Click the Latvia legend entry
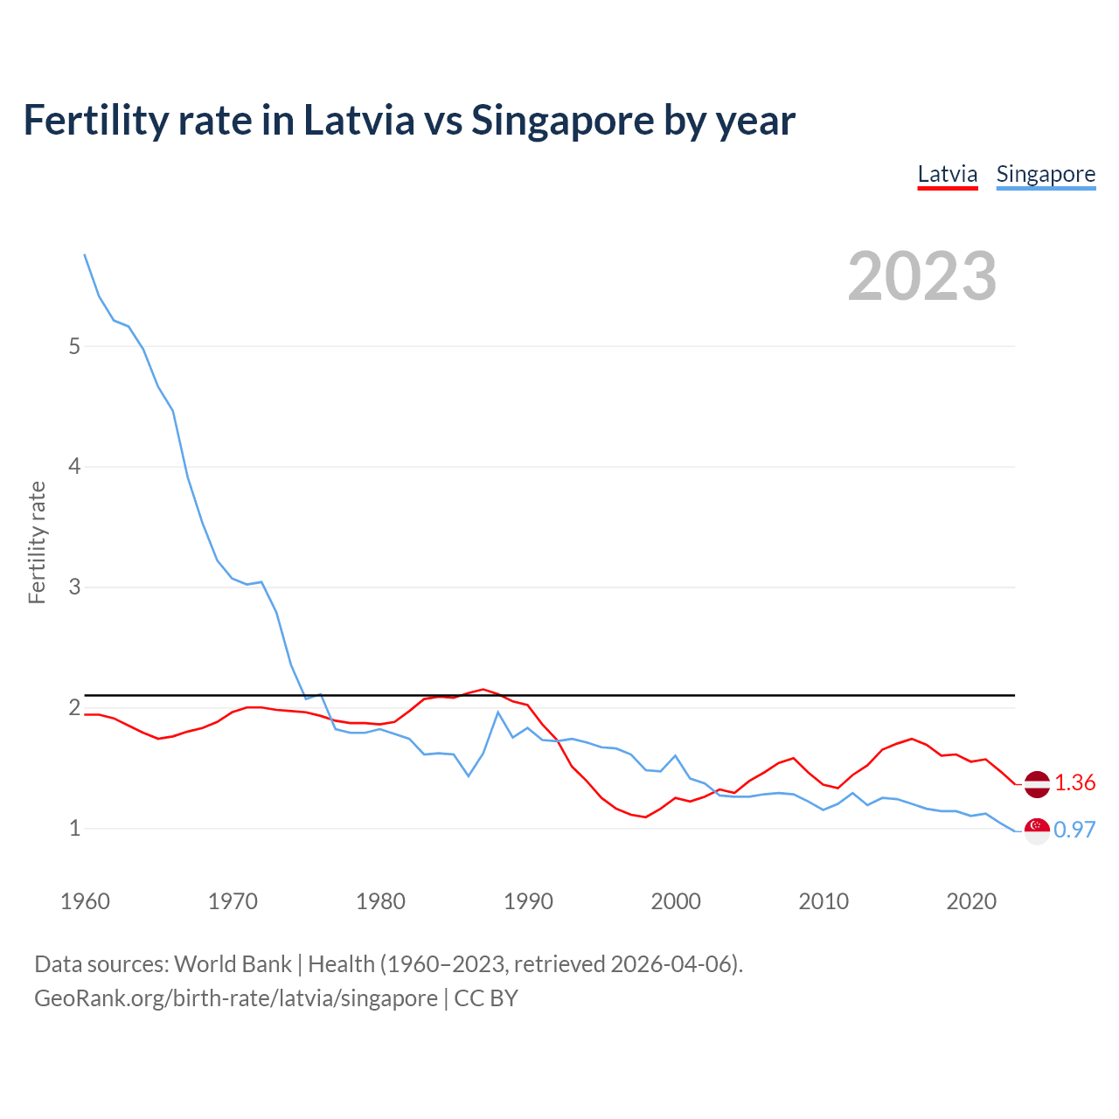tap(947, 174)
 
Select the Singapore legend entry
tap(1046, 174)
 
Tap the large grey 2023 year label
tap(921, 276)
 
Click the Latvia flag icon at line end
tap(1037, 784)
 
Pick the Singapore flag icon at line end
tap(1037, 831)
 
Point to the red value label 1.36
tap(1074, 782)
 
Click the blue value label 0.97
tap(1074, 830)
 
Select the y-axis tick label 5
tap(74, 346)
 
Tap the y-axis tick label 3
tap(74, 587)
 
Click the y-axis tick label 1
tap(74, 828)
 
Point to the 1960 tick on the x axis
tap(85, 901)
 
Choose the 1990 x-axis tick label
tap(528, 901)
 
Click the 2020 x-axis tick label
tap(971, 901)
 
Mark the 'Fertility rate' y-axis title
tap(37, 542)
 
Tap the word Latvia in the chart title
tap(358, 120)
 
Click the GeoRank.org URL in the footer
tap(236, 998)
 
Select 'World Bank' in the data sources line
tap(233, 964)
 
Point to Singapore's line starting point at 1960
tap(85, 254)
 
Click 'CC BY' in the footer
tap(486, 998)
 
